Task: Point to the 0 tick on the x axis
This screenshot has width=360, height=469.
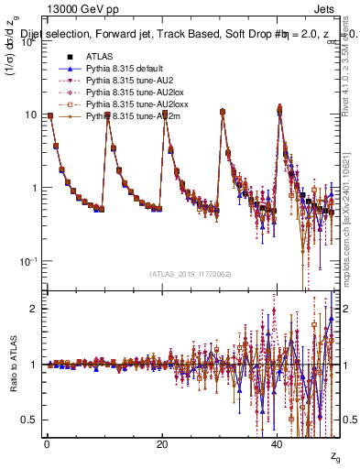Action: [x=46, y=444]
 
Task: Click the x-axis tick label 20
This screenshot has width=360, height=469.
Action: [x=162, y=444]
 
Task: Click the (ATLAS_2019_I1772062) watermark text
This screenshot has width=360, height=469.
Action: [x=191, y=274]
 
